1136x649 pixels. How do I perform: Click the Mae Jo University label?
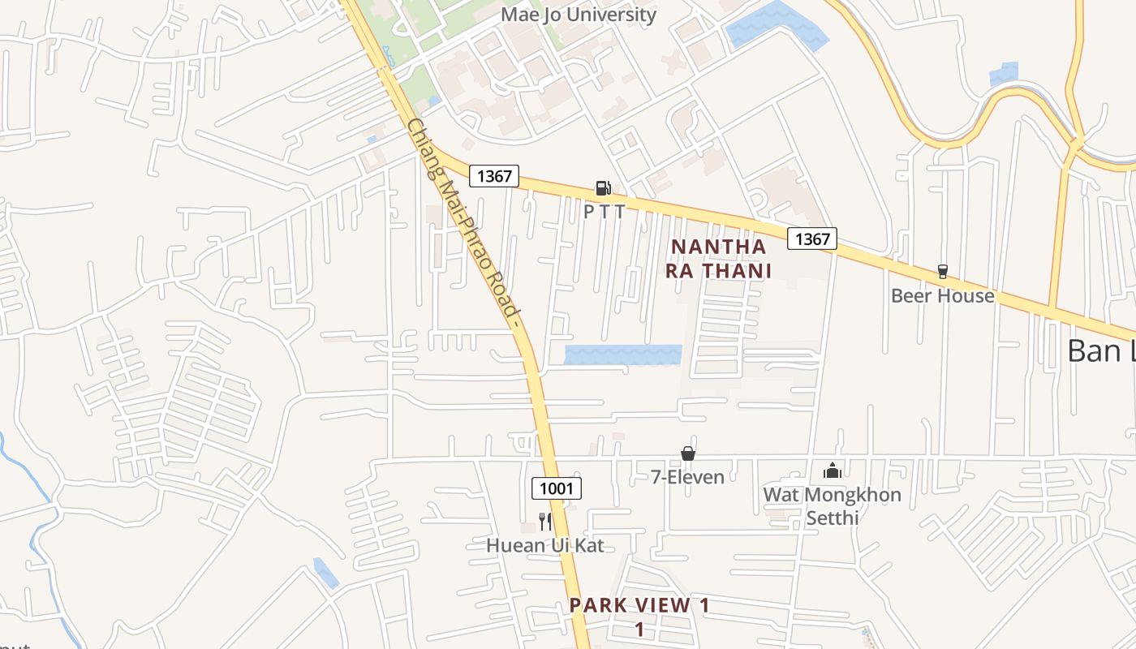(578, 15)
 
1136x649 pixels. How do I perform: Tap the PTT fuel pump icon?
(603, 188)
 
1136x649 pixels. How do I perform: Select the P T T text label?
(605, 212)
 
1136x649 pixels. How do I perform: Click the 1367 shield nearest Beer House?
(812, 239)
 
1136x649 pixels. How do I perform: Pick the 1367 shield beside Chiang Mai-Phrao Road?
(493, 176)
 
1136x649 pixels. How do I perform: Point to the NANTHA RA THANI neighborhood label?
(718, 258)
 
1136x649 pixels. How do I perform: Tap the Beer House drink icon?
(942, 271)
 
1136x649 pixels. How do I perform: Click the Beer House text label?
(942, 295)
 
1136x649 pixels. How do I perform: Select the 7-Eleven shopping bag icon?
(687, 453)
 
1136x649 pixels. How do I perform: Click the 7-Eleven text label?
(687, 477)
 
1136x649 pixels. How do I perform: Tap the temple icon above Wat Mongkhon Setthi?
(832, 471)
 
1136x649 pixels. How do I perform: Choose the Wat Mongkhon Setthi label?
(832, 505)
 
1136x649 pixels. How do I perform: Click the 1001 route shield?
(557, 488)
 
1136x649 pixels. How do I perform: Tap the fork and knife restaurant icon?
(544, 521)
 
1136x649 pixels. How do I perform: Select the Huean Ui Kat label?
(544, 545)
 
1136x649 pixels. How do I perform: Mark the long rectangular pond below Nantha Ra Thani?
(622, 355)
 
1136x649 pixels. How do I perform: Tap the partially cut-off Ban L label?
(1100, 350)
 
